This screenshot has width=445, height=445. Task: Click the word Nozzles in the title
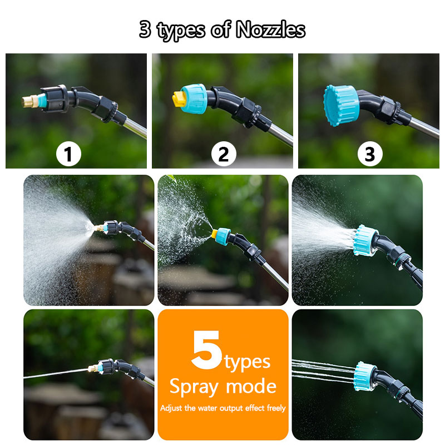[271, 29]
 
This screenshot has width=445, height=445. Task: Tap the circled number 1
[68, 154]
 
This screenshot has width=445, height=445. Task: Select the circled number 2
[223, 154]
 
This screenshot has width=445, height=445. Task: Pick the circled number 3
[369, 154]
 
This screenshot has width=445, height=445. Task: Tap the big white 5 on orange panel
[207, 351]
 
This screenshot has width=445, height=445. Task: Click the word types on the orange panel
[248, 362]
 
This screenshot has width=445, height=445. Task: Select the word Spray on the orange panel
[194, 385]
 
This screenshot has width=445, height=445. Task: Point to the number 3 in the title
[145, 29]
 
